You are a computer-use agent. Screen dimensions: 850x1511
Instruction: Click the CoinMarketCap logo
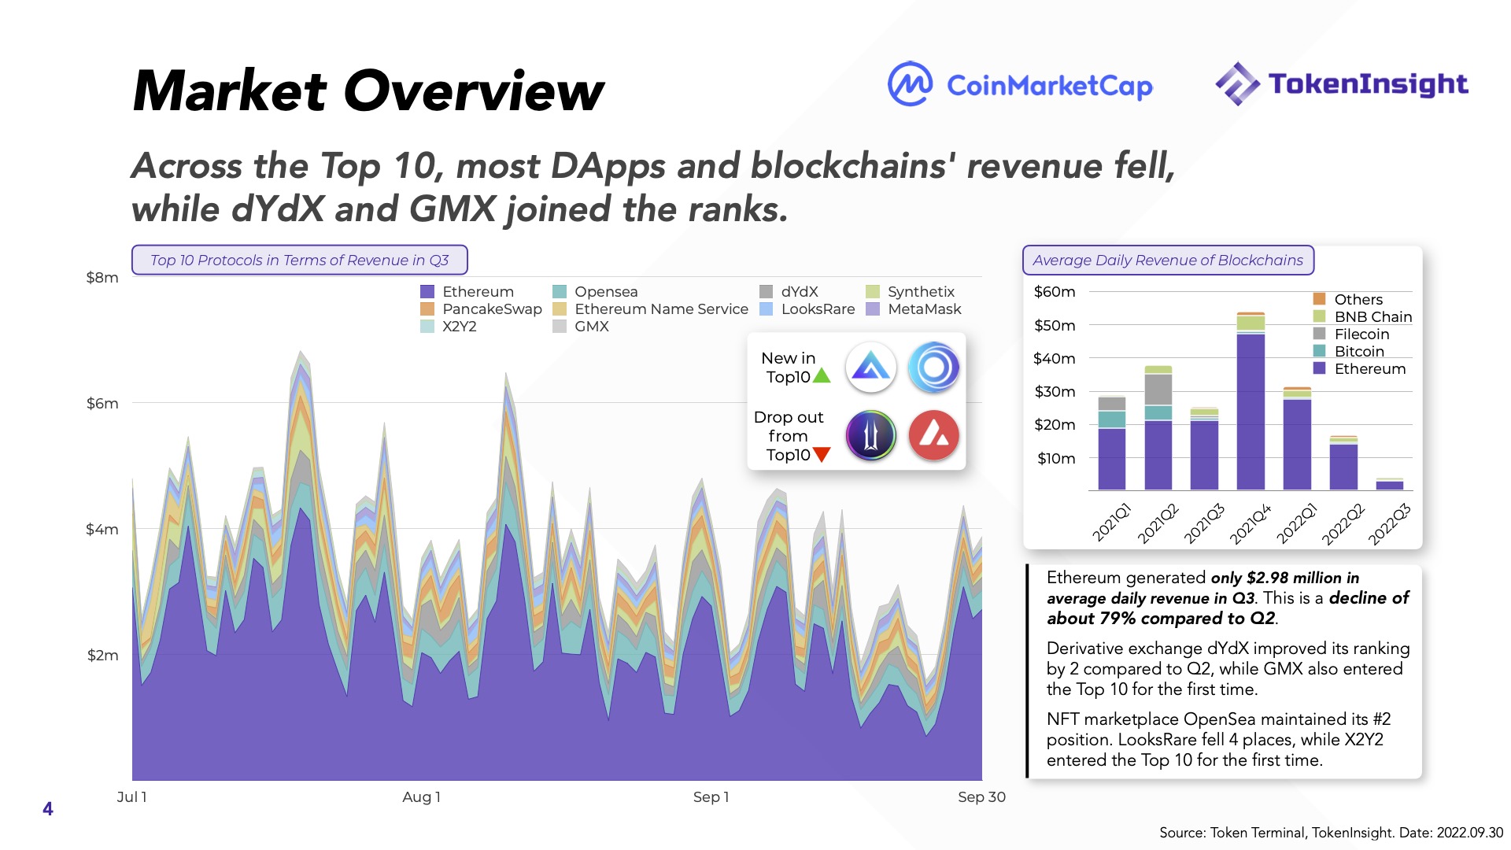coord(1020,84)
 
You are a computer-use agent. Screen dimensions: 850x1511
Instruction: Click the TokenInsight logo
coord(1342,83)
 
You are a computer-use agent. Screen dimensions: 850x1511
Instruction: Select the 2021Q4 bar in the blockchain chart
coord(1251,401)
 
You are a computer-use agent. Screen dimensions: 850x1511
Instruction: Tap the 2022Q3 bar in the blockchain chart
coord(1390,485)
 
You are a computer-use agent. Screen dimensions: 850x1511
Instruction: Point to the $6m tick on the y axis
coord(102,404)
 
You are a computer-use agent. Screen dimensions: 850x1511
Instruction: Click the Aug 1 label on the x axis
coord(421,797)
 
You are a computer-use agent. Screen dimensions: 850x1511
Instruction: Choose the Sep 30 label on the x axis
coord(981,797)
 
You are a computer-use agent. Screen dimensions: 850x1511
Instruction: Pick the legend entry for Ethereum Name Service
coord(651,309)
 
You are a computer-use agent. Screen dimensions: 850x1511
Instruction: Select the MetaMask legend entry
coord(914,309)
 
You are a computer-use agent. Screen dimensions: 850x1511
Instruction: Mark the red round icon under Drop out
coord(934,435)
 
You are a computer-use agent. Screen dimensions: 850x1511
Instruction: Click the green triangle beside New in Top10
coord(822,376)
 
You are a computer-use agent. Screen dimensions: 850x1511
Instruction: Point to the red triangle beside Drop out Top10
coord(822,454)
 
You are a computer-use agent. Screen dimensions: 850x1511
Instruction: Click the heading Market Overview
coord(368,91)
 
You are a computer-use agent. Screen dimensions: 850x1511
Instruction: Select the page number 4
coord(48,809)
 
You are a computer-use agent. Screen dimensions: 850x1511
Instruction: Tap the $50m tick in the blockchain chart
coord(1055,326)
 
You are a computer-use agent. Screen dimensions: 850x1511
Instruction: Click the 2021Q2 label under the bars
coord(1158,523)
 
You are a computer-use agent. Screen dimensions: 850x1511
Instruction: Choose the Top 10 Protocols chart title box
coord(299,261)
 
